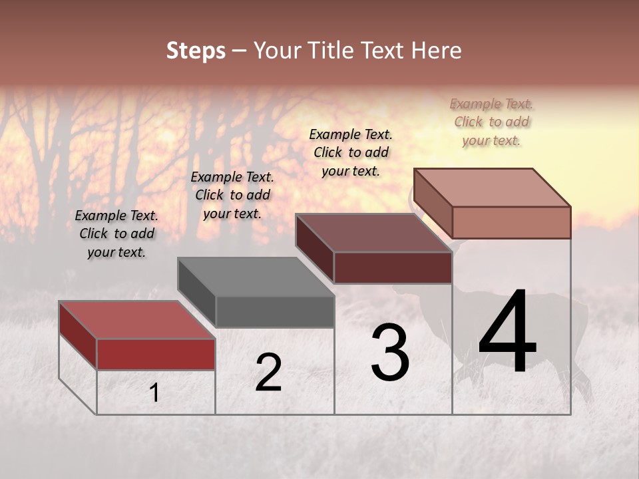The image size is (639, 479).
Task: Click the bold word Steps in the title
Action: [196, 51]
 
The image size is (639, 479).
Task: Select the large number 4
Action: [507, 333]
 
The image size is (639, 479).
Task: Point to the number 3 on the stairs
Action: [390, 353]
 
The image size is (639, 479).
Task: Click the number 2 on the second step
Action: [268, 373]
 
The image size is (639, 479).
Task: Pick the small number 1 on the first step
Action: [154, 393]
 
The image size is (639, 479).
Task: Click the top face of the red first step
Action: [136, 320]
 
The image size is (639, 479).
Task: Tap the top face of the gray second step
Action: [256, 277]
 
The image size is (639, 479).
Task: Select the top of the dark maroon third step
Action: [373, 233]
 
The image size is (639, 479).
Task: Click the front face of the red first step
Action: [156, 354]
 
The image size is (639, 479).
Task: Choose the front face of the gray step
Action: [275, 311]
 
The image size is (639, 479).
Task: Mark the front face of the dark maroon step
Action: [393, 267]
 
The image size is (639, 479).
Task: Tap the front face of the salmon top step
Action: [511, 222]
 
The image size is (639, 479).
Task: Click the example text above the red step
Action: [116, 234]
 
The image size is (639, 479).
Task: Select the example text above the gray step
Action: [232, 195]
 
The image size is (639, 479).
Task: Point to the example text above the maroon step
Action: [351, 152]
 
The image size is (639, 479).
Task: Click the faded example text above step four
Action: [492, 122]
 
